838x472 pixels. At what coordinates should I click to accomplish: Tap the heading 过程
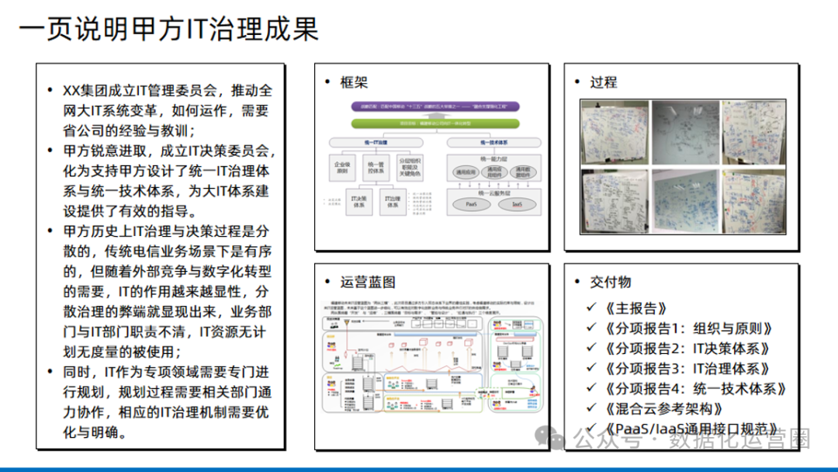point(603,82)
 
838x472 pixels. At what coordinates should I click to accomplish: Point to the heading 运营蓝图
point(368,281)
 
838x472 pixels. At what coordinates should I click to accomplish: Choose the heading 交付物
point(611,281)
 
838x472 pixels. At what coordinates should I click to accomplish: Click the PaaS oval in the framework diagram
point(470,205)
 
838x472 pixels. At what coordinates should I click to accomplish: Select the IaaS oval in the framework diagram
point(517,205)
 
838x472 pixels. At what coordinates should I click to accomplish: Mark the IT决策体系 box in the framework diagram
point(359,201)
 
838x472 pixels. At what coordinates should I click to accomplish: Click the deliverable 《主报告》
point(635,308)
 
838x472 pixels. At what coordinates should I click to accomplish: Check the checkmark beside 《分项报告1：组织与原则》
point(593,329)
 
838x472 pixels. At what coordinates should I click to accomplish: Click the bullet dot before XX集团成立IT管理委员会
point(50,92)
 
